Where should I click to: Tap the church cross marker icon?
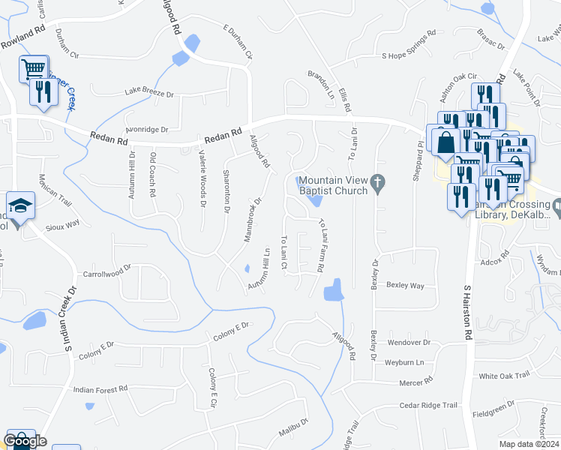(379, 181)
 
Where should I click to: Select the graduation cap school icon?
(20, 205)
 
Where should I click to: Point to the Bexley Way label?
(405, 286)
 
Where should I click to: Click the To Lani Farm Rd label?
(322, 244)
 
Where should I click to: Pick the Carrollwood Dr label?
(107, 274)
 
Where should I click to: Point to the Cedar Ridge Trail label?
(428, 405)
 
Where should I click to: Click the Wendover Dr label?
(409, 342)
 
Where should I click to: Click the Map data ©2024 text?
(529, 444)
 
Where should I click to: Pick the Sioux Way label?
(64, 224)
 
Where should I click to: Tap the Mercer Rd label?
(417, 382)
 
